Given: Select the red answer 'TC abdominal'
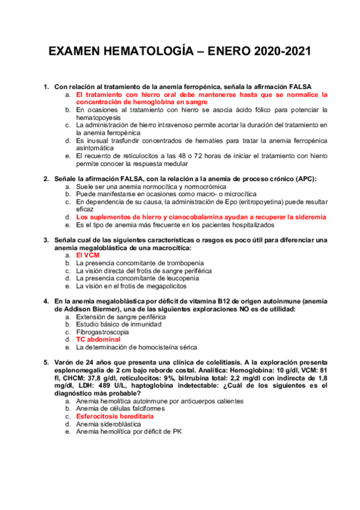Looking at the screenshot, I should point(98,339).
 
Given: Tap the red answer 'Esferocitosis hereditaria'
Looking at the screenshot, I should point(115,416).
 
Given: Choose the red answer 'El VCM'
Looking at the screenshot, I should point(88,255).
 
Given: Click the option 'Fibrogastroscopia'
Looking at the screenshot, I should point(103,331).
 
